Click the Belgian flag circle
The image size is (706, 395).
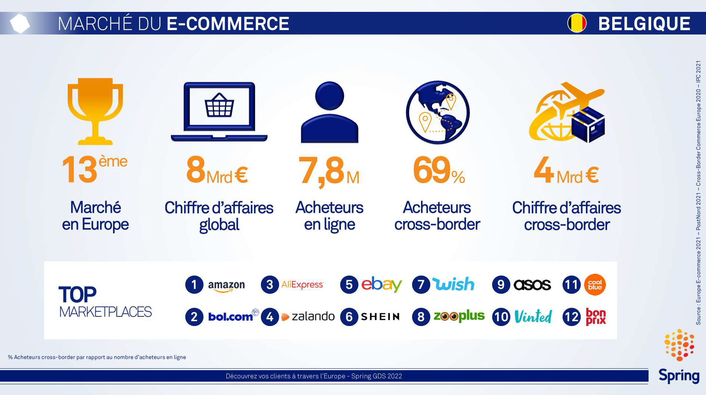point(577,23)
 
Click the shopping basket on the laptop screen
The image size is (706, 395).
point(219,105)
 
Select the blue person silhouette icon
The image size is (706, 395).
point(329,112)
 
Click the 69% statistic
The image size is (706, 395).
point(439,170)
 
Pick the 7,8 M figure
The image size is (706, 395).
point(329,171)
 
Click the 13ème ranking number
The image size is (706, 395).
point(95,169)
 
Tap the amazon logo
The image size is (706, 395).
point(226,286)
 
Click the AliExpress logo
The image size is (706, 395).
point(302,284)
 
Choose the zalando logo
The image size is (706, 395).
point(308,316)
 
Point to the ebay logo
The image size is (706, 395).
point(381,284)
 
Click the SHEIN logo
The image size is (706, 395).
point(380,317)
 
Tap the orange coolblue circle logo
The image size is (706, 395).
point(595,284)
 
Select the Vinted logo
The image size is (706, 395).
point(533,316)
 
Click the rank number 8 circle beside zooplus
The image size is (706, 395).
point(421,317)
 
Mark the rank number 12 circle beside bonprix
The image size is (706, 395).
point(571,317)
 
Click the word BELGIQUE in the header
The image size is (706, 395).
point(644,23)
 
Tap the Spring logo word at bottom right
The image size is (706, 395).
point(679,376)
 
